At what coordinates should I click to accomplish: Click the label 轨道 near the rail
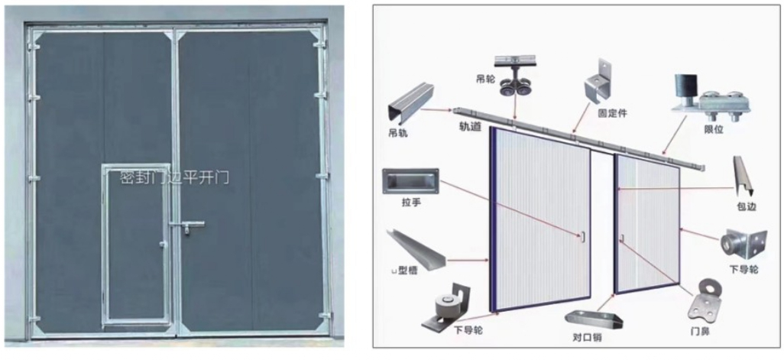point(470,127)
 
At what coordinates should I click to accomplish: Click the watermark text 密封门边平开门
point(174,178)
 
